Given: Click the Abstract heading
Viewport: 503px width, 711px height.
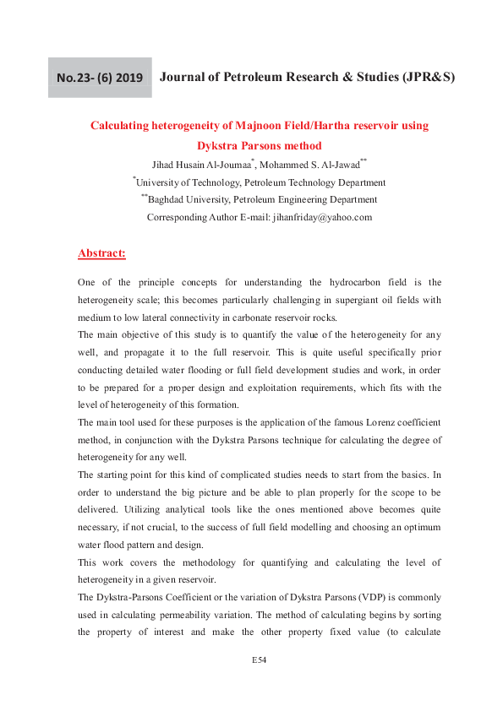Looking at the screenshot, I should click(101, 252).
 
